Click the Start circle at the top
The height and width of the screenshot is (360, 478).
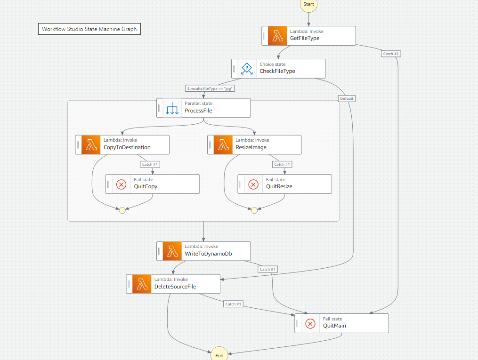[308, 4]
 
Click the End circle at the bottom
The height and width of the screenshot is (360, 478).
[219, 355]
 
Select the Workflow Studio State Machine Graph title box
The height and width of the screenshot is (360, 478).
[89, 29]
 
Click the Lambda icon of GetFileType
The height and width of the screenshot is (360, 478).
[277, 36]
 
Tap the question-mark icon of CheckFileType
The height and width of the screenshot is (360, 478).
[247, 69]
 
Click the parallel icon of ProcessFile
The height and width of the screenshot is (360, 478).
[172, 108]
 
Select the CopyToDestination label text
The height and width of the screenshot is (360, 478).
[127, 147]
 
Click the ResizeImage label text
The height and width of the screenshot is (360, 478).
[251, 147]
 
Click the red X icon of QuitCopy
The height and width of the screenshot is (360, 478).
[122, 184]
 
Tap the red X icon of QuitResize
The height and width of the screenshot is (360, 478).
[253, 184]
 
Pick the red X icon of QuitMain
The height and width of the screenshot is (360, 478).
[310, 324]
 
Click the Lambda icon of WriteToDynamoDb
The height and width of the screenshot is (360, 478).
[172, 251]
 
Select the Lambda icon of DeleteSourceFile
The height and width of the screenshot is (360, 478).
[142, 284]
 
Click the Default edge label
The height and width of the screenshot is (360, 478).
[347, 98]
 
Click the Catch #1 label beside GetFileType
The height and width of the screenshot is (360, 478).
[391, 54]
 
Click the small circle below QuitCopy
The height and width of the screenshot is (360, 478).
[122, 210]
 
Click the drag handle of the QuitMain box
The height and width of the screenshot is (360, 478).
[298, 324]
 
